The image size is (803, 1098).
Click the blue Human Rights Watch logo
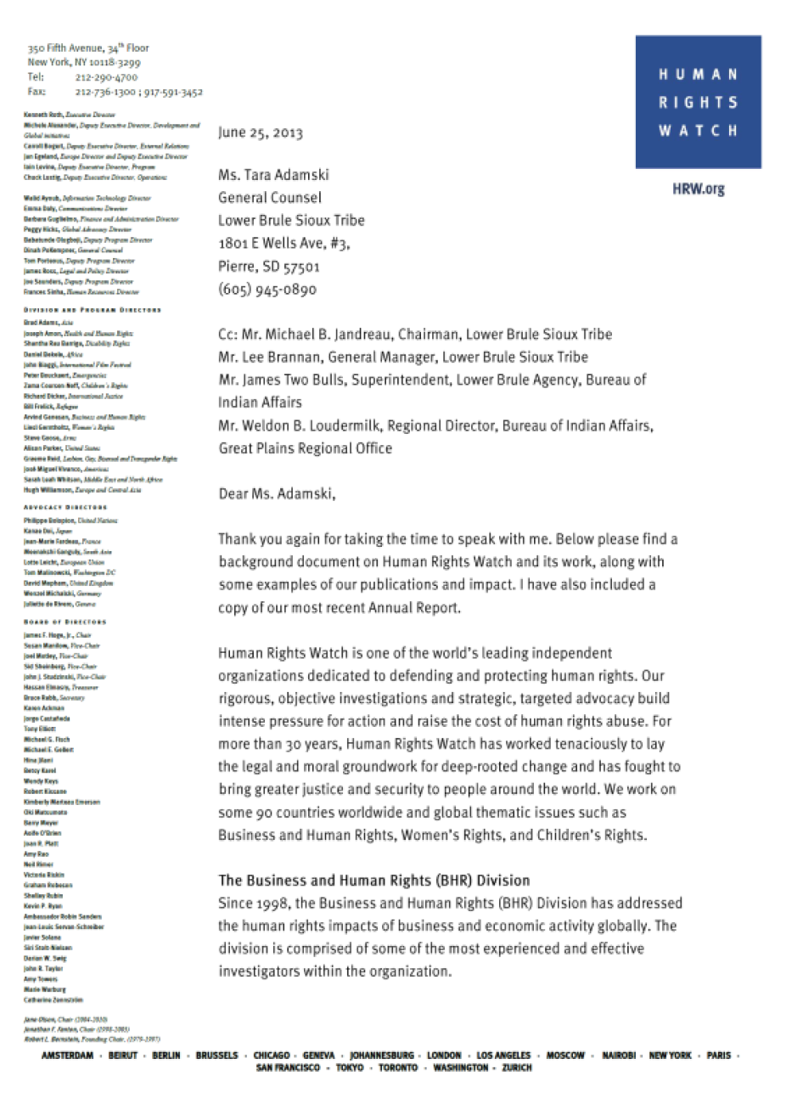(698, 101)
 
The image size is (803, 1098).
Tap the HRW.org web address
(698, 189)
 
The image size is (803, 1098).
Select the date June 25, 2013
(260, 132)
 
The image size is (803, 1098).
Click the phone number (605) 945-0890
(267, 289)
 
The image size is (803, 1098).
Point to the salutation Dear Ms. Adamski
(277, 493)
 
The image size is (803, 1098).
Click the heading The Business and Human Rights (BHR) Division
(373, 881)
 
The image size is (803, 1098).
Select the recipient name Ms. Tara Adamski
(273, 175)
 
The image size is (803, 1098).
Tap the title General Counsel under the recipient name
(270, 198)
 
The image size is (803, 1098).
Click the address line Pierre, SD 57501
(269, 266)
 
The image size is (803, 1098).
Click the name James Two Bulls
(295, 380)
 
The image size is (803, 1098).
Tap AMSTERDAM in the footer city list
(67, 1056)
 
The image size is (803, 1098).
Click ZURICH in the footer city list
(517, 1067)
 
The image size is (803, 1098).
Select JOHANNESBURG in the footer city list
(382, 1056)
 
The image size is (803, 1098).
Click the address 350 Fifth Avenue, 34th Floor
(88, 48)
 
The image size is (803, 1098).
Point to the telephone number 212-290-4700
(106, 77)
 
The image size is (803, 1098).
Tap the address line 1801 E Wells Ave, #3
(284, 243)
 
